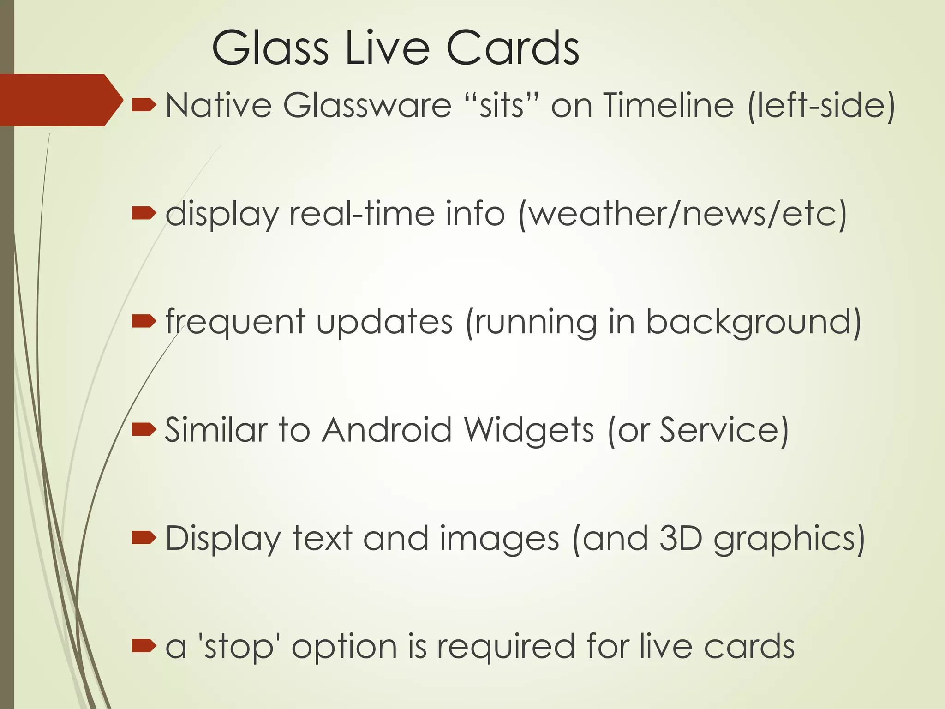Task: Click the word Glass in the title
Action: click(270, 48)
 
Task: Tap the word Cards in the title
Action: click(512, 48)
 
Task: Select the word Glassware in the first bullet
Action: click(367, 106)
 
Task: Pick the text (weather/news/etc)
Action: click(683, 215)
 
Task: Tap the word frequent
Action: click(235, 322)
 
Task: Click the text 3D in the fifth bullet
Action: click(680, 538)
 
